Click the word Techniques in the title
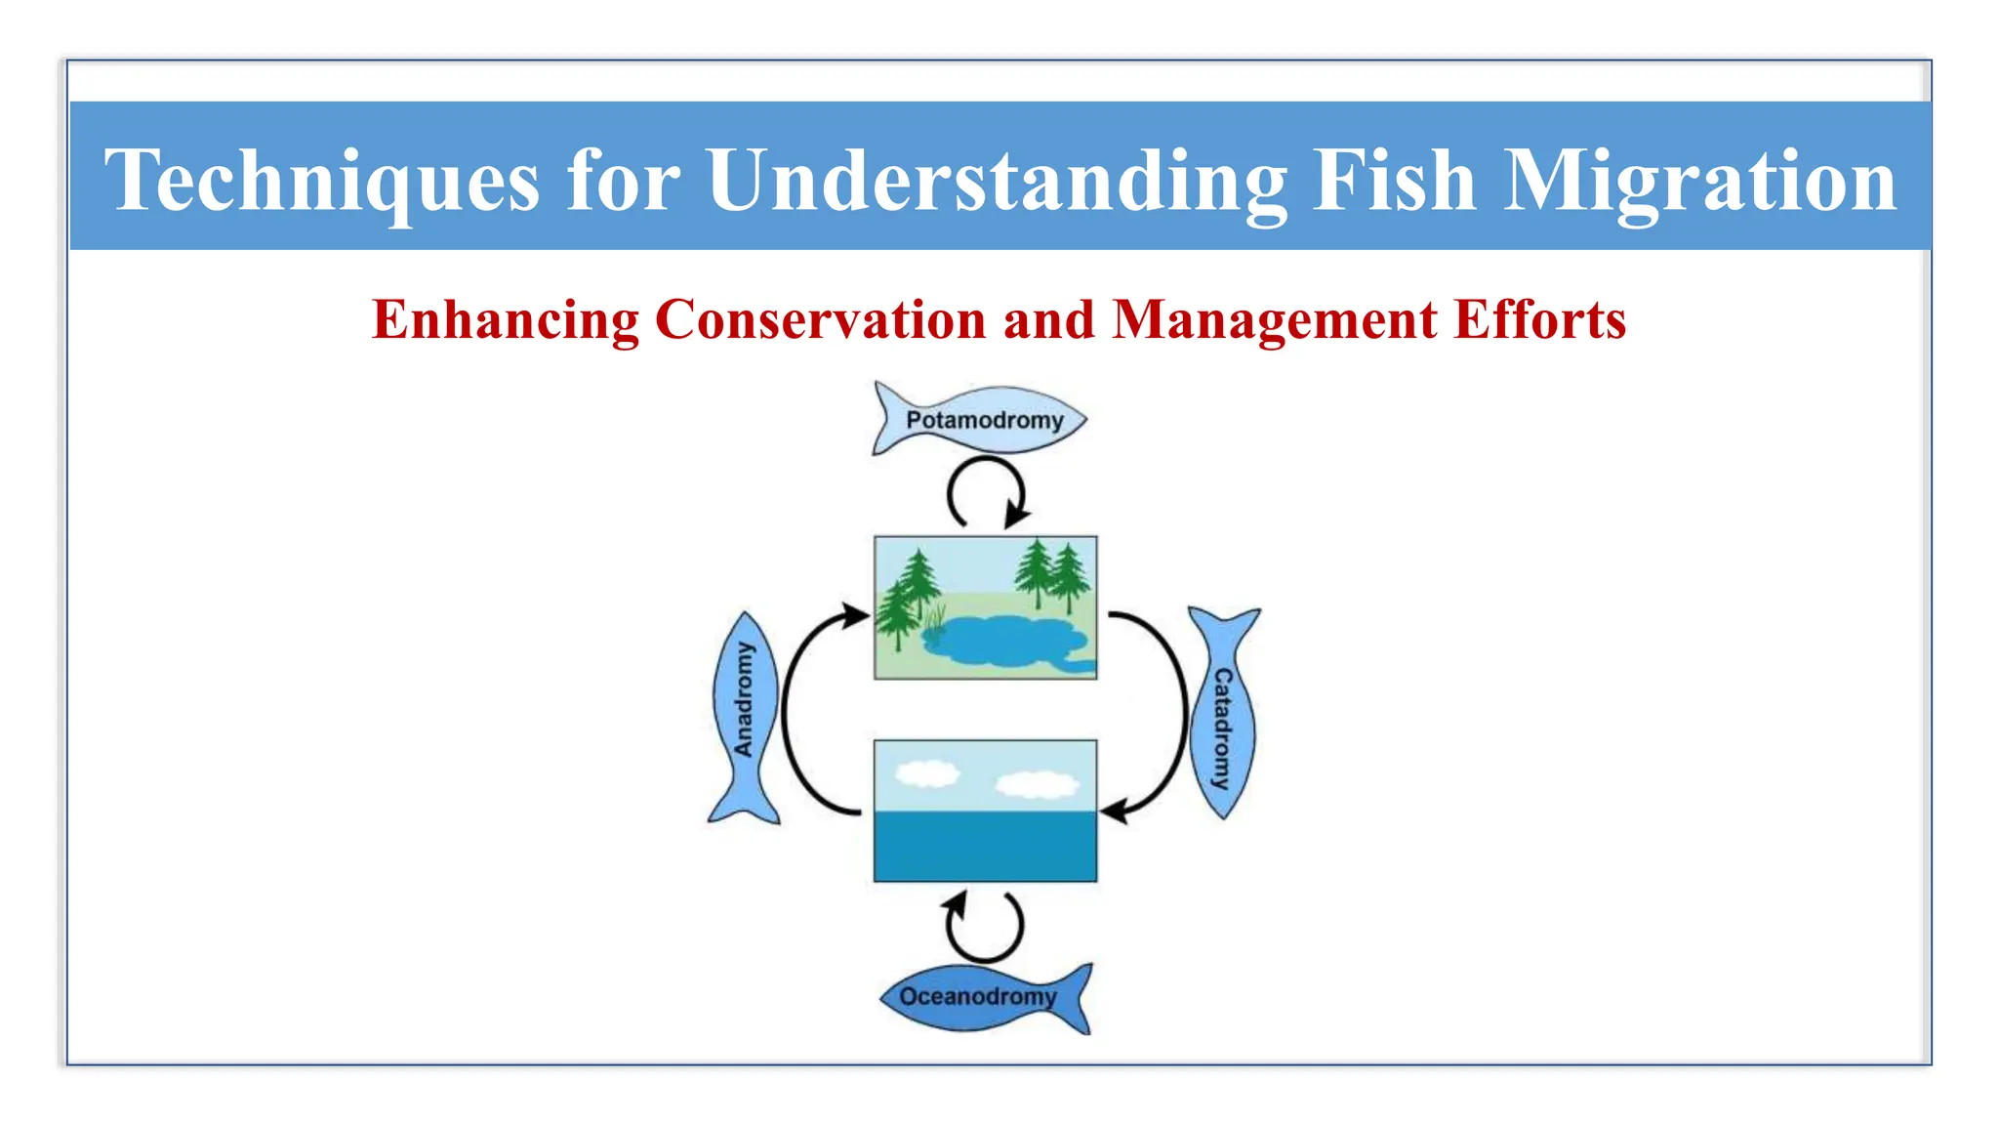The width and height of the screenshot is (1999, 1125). (x=322, y=181)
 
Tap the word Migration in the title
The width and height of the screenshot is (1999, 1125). (x=1699, y=181)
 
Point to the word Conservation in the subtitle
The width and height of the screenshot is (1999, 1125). (x=820, y=319)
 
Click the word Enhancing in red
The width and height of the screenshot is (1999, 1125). (x=505, y=319)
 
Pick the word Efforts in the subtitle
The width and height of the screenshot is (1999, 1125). (x=1539, y=319)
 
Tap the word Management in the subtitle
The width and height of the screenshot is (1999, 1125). (x=1275, y=319)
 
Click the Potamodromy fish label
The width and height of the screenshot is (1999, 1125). (x=984, y=421)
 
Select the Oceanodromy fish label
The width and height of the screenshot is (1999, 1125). (x=977, y=997)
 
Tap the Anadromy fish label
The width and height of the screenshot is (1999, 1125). (x=745, y=700)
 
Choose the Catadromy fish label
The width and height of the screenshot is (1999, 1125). (x=1222, y=728)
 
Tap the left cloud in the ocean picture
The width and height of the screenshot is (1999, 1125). (x=927, y=774)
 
